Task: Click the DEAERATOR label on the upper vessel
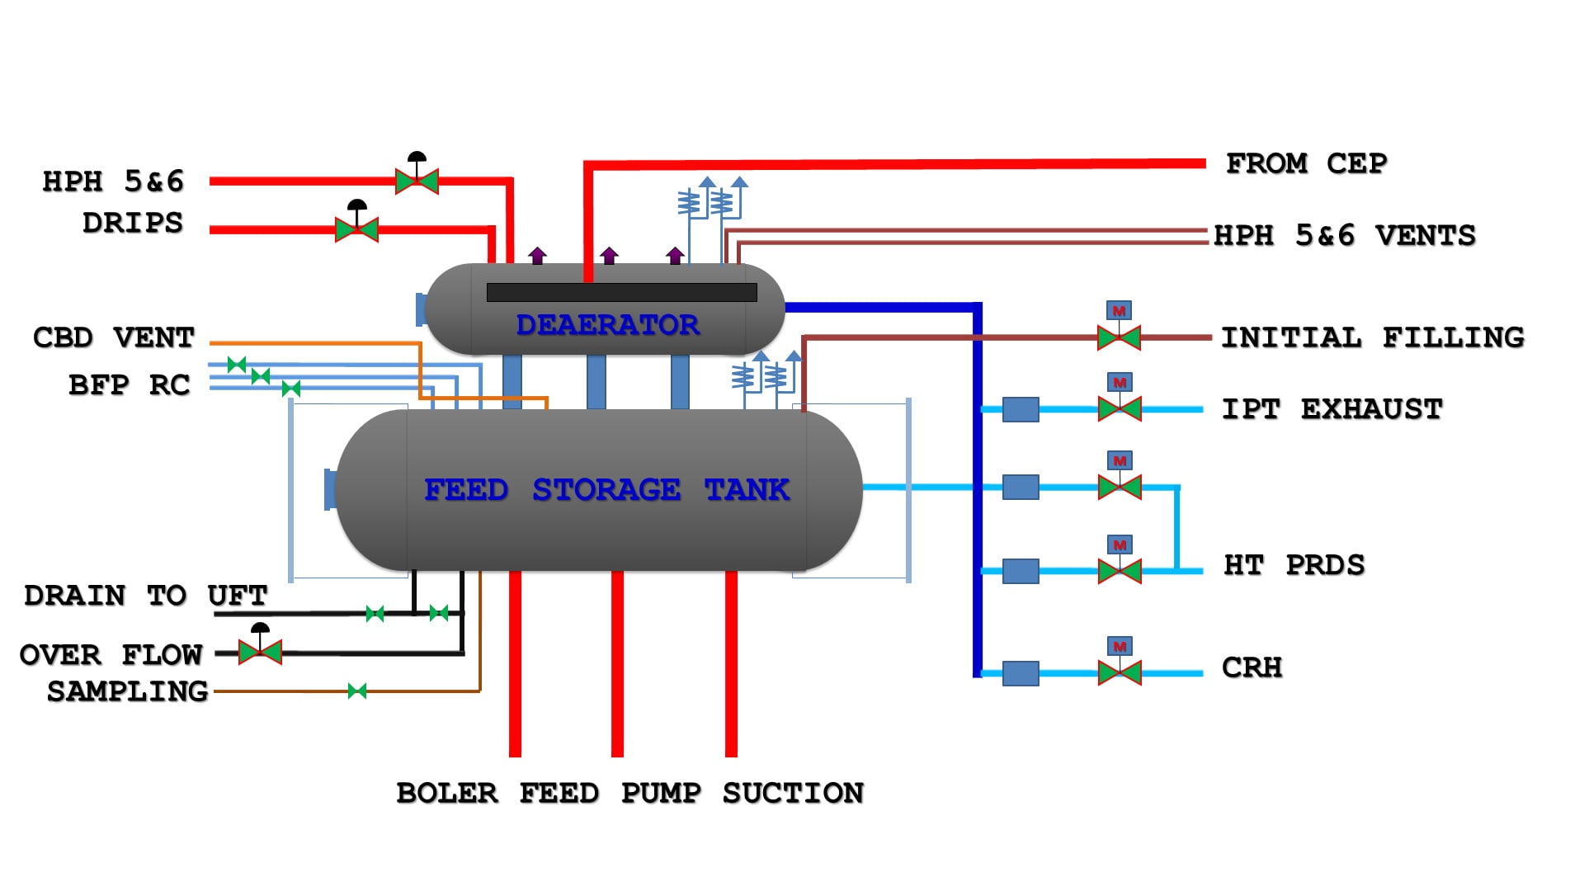click(x=607, y=324)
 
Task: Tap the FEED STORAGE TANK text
click(x=606, y=489)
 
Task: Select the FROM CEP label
click(x=1306, y=163)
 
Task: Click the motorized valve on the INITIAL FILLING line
click(x=1119, y=337)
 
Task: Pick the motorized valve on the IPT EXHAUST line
click(x=1120, y=408)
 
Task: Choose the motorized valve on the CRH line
click(x=1120, y=672)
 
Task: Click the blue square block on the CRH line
click(x=1021, y=673)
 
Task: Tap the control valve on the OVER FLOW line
click(x=260, y=652)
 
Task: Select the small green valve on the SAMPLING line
click(x=357, y=691)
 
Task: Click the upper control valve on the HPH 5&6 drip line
click(x=417, y=180)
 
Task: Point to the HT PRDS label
click(x=1294, y=565)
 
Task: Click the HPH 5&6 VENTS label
click(x=1344, y=235)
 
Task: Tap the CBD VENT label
click(x=113, y=337)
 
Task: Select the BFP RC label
click(x=129, y=384)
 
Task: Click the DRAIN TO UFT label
click(x=145, y=595)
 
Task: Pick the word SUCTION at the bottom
click(x=793, y=793)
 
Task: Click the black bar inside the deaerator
click(x=621, y=292)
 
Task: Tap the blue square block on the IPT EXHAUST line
click(x=1021, y=409)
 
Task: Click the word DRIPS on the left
click(x=132, y=223)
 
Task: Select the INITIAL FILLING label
click(x=1372, y=337)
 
